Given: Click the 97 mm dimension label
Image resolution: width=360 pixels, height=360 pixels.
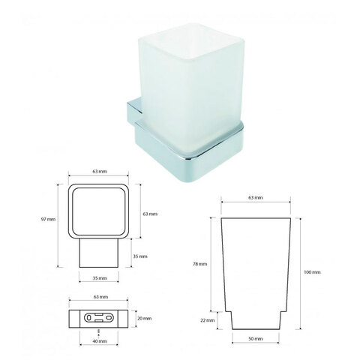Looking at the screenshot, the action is click(x=48, y=220).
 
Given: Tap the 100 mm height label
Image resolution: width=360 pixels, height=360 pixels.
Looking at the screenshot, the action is click(x=312, y=272).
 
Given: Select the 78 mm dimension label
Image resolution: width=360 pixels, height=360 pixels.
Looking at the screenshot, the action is click(x=199, y=264).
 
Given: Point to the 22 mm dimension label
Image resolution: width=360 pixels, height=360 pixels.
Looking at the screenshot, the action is click(x=208, y=320).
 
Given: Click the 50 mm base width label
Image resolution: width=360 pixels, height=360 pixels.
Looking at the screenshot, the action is click(x=256, y=339).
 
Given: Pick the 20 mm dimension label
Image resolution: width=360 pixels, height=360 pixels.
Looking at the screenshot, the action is click(x=145, y=319).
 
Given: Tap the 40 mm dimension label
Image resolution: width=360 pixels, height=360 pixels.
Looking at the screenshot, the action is click(x=100, y=341).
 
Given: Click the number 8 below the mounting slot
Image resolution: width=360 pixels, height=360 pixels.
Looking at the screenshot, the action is click(x=99, y=331).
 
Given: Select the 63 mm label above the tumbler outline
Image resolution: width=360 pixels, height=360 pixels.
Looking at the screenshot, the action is click(x=256, y=197).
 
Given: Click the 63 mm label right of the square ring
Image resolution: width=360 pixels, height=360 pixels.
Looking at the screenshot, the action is click(x=150, y=214).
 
